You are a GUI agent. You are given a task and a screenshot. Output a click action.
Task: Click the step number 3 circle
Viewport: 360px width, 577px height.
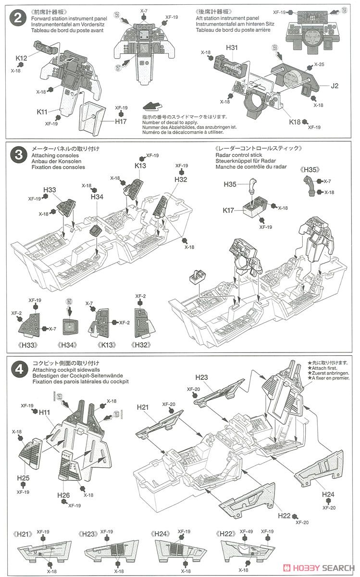pos(18,155)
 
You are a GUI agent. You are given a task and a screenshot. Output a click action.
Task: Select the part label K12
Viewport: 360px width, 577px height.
pos(21,58)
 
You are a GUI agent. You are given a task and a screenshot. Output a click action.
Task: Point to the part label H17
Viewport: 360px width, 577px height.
pos(121,121)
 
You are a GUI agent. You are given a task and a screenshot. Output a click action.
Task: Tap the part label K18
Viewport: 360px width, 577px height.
pos(295,122)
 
